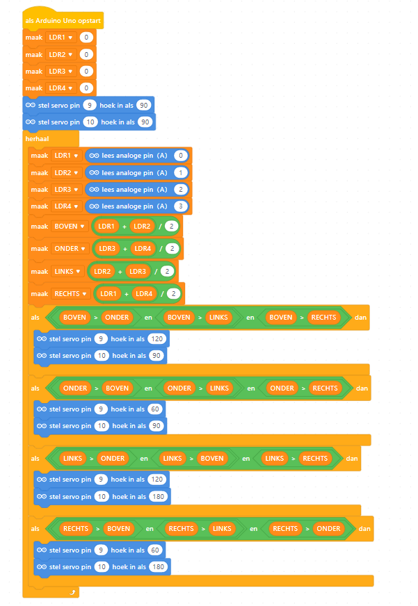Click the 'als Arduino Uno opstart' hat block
(x=63, y=21)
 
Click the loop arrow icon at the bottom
(x=71, y=591)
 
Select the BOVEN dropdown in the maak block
(x=70, y=227)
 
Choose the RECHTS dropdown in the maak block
(x=71, y=294)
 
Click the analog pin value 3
(x=181, y=206)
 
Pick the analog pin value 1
(x=181, y=172)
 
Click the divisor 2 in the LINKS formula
(x=168, y=271)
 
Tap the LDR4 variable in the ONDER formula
(x=143, y=249)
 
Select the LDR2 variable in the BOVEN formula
(x=143, y=227)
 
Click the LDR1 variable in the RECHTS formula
(x=108, y=294)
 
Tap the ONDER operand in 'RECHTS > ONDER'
(x=328, y=528)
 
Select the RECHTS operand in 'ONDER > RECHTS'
(x=324, y=388)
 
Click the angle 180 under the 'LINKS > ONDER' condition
(x=159, y=496)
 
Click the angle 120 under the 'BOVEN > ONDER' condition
(x=157, y=338)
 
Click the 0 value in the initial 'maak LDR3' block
(x=86, y=71)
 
